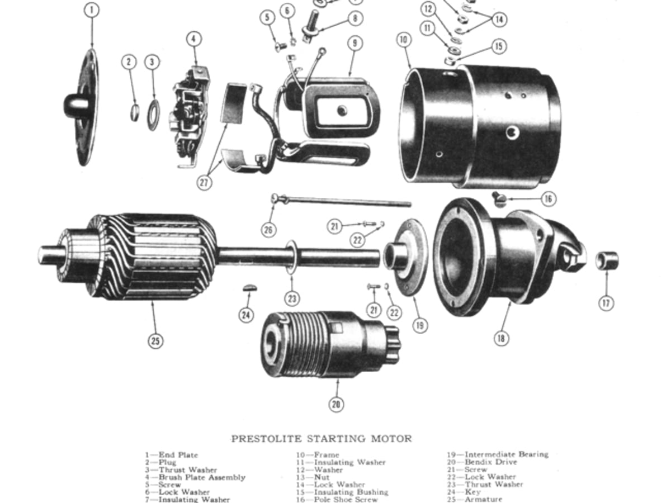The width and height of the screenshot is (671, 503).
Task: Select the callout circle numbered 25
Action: pyautogui.click(x=155, y=340)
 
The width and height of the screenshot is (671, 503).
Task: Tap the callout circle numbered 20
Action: pyautogui.click(x=335, y=404)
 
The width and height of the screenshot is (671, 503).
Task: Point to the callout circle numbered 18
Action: pyautogui.click(x=502, y=338)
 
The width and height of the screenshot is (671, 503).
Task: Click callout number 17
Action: pyautogui.click(x=606, y=303)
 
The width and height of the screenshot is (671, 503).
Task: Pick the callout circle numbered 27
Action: pyautogui.click(x=205, y=182)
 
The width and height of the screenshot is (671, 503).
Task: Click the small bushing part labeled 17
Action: pyautogui.click(x=607, y=260)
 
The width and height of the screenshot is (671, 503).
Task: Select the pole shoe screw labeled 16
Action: pyautogui.click(x=499, y=198)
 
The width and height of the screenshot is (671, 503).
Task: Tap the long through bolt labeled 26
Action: pyautogui.click(x=341, y=201)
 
